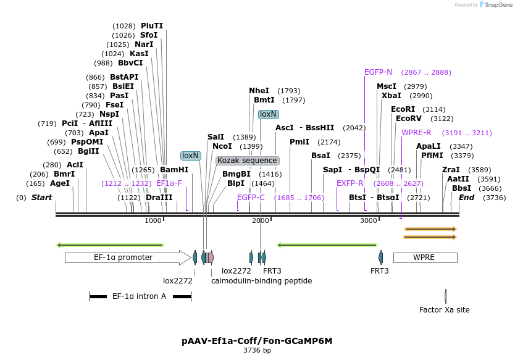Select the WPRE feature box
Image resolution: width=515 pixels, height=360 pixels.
coord(424,257)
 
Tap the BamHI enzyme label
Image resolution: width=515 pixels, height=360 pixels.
coord(174,170)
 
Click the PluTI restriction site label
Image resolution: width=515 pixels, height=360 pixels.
coord(152,26)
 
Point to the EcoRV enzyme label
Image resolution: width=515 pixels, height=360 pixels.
coord(408,119)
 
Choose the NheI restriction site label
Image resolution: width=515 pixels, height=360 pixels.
coord(259,91)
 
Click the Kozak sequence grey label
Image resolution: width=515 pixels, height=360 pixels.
coord(247,161)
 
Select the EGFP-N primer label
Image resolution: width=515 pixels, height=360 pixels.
coord(378,72)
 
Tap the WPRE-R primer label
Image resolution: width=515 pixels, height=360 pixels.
coord(416,133)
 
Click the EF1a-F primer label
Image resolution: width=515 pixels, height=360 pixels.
coord(169,183)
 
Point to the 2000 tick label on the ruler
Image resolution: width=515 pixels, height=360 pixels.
coord(261,221)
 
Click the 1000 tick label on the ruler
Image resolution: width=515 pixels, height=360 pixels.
coord(153,221)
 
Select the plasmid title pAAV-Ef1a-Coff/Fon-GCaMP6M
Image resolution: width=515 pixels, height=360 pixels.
coord(257,340)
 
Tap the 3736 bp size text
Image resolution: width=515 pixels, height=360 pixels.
coord(257,351)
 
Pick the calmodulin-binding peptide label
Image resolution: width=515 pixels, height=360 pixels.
coord(261,281)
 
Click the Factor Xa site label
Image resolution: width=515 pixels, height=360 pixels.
coord(445,310)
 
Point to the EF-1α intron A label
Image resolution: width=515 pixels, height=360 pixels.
coord(139,296)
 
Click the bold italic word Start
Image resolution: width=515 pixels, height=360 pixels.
coord(41,198)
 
